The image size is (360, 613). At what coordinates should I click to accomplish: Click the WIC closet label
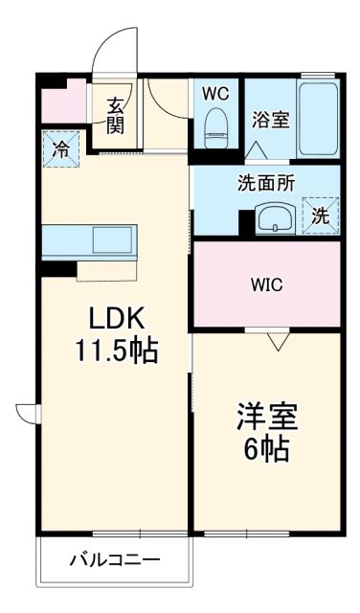266,284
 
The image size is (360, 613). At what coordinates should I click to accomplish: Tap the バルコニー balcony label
113,560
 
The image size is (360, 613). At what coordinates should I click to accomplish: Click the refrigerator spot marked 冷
60,149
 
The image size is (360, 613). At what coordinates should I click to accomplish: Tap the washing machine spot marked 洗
321,215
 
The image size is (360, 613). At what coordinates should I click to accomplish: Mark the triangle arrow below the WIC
277,339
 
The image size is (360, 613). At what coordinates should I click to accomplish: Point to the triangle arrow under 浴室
255,149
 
